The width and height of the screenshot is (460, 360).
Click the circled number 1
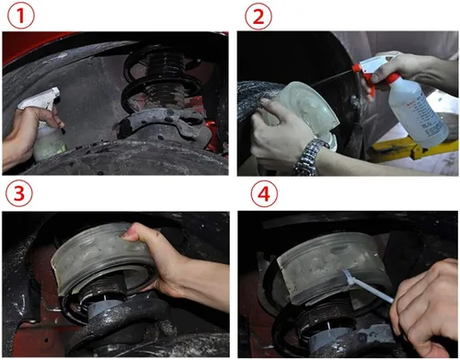[21, 16]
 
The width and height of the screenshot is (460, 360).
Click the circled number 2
[259, 17]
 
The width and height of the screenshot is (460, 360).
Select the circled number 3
[19, 193]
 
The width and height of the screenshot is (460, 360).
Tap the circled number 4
[264, 193]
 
